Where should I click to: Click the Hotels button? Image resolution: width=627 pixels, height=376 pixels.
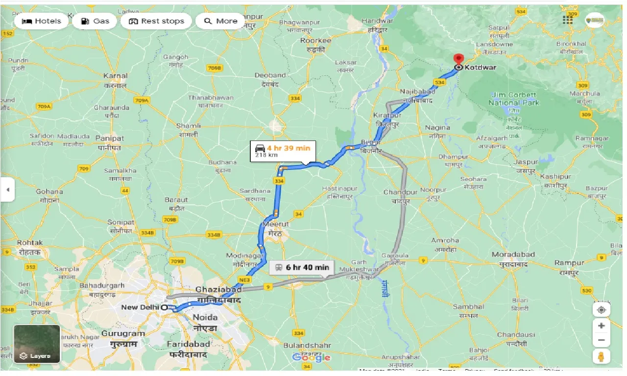42,21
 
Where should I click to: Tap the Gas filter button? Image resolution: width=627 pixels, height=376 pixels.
95,21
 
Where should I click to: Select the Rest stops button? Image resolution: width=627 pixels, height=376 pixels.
156,21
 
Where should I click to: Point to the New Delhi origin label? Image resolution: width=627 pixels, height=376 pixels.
140,307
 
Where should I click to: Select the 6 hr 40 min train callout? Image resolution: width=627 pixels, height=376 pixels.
302,267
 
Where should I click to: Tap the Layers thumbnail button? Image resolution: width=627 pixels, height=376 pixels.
37,344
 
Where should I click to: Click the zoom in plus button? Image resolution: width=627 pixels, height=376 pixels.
601,326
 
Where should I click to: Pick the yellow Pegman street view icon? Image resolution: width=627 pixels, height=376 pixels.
601,356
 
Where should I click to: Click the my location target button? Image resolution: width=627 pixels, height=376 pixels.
601,309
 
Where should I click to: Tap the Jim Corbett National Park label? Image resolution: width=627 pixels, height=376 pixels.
513,99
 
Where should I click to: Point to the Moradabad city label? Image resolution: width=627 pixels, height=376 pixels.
513,255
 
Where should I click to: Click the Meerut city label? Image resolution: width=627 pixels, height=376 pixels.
275,224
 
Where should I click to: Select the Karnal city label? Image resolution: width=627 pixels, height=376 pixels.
116,76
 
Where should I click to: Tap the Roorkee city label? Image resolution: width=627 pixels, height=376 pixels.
315,40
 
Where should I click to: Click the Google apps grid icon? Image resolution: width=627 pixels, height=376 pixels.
568,20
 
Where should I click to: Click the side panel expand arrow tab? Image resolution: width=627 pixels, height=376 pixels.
7,189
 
